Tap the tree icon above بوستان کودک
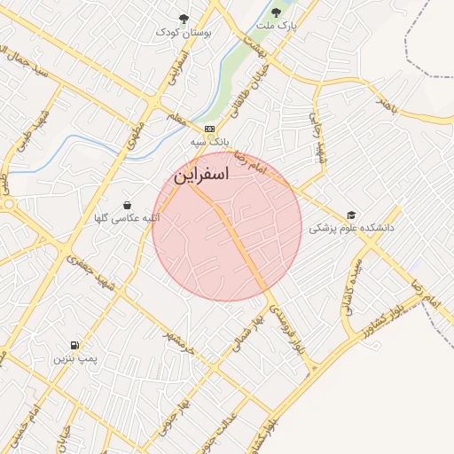184,18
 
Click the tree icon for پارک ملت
277,12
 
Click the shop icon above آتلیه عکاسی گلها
128,204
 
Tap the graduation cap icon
351,215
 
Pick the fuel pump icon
74,345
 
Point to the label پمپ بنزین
74,358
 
